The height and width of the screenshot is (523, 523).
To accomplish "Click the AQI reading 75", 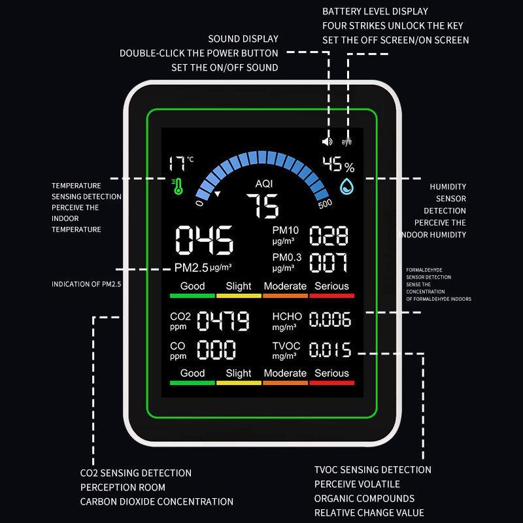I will tap(262, 207).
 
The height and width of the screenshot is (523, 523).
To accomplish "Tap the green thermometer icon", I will tap(177, 186).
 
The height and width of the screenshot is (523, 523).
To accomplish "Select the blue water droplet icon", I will tap(347, 187).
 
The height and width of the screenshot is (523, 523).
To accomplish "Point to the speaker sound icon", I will tap(328, 141).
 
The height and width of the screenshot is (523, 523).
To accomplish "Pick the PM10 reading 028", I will tap(329, 236).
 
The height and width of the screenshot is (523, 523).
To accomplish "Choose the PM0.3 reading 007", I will tap(329, 263).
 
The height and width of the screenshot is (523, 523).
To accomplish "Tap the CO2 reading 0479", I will tap(223, 321).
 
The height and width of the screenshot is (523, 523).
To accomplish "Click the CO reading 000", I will tap(216, 349).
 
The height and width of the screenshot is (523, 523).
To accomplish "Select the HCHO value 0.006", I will tap(329, 320).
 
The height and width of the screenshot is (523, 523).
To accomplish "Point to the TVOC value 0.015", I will tap(329, 350).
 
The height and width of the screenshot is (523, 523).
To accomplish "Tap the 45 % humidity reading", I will tap(338, 165).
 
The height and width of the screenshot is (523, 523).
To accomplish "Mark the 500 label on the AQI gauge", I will tap(325, 203).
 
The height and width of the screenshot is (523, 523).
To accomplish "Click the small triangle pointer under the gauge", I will tap(218, 194).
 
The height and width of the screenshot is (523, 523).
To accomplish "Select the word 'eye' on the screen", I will tap(346, 141).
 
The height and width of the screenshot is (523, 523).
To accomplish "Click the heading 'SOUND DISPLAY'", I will tap(243, 39).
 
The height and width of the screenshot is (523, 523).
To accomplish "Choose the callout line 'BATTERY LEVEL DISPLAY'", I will tap(375, 11).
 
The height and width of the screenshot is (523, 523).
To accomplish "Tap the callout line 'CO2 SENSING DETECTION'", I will tap(136, 473).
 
